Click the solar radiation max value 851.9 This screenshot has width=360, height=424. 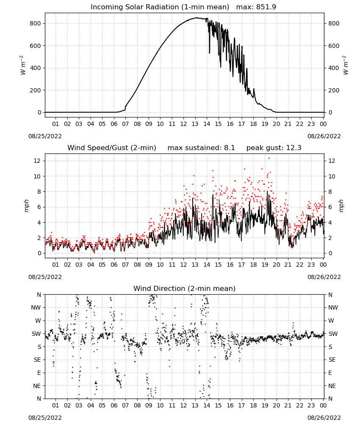[x=266, y=7]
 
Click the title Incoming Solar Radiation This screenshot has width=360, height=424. [x=135, y=7]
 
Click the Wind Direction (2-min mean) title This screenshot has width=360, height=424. [x=185, y=288]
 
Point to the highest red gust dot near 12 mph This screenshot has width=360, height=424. [x=269, y=159]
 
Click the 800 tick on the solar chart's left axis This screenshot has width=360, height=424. [x=36, y=23]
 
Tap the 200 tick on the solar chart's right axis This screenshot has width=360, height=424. [x=334, y=90]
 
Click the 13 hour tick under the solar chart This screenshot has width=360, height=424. [x=195, y=124]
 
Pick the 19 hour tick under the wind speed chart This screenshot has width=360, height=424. [x=265, y=265]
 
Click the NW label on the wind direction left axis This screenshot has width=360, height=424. [x=36, y=308]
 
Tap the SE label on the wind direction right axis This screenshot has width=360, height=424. [x=332, y=360]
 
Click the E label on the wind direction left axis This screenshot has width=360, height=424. [x=39, y=373]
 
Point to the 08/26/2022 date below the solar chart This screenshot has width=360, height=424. [x=324, y=136]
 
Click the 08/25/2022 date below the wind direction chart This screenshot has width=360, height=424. [x=45, y=418]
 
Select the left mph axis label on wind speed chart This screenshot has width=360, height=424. [x=26, y=206]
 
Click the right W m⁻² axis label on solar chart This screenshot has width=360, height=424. [x=346, y=65]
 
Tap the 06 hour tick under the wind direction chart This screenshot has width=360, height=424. [x=114, y=405]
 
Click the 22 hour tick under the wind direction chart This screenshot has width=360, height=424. [x=300, y=405]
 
